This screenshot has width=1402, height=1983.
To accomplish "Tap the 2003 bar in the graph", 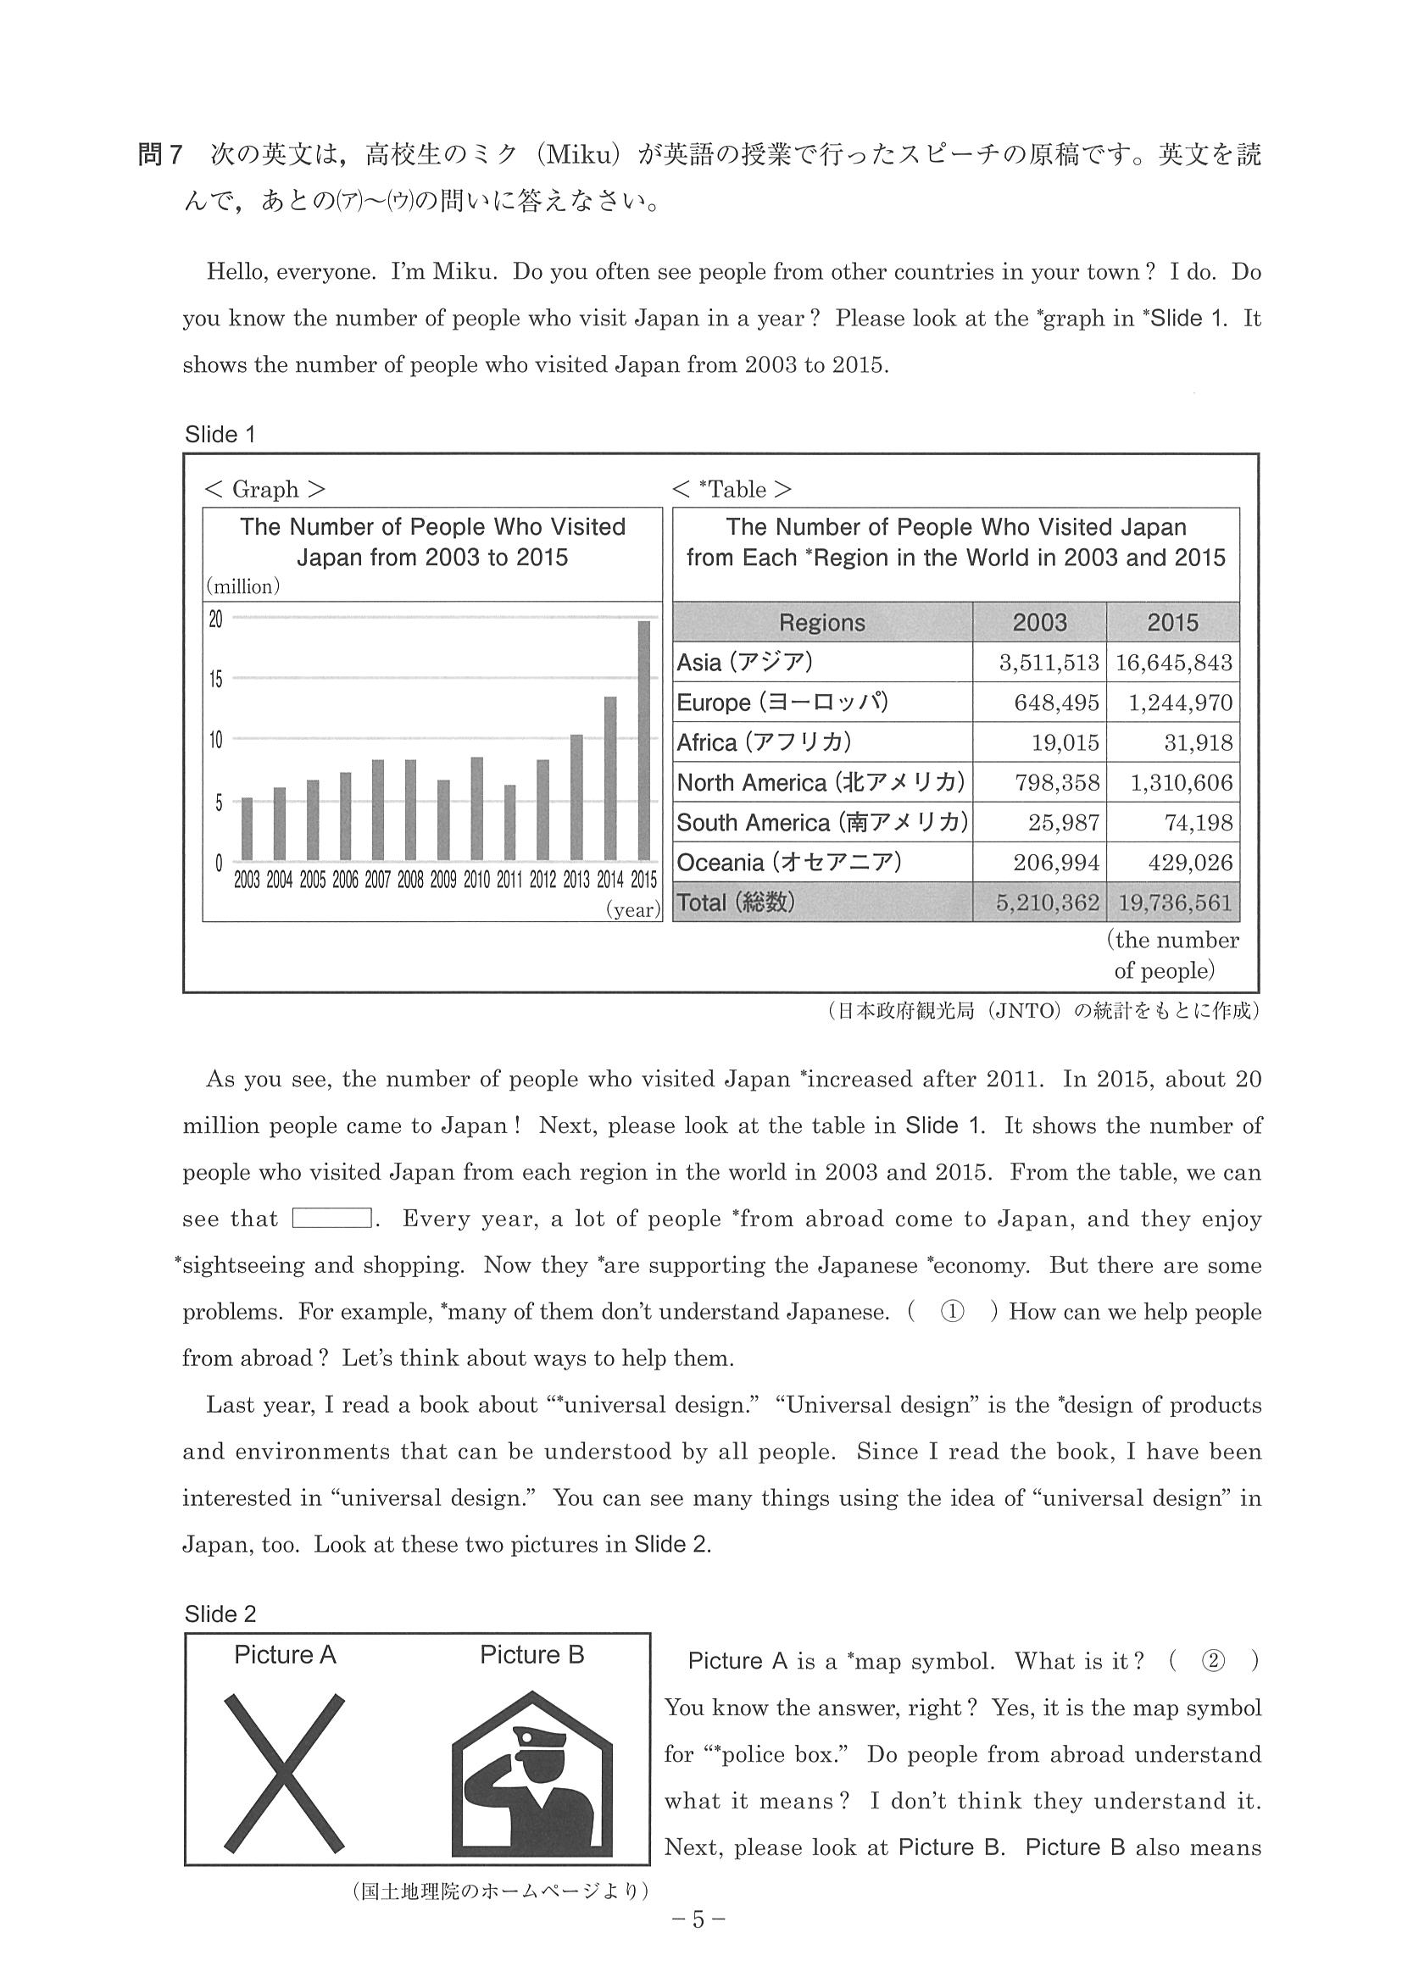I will tap(247, 828).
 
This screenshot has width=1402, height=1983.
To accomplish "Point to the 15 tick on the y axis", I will tap(215, 680).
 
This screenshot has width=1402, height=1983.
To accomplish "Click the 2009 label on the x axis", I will tap(443, 880).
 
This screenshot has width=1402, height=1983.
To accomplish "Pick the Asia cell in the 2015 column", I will tap(1172, 663).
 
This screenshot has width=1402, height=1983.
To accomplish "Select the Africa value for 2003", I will tap(1065, 742).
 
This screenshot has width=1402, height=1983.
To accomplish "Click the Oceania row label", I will tap(788, 862).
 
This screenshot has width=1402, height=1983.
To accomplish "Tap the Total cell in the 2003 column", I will tap(1047, 903).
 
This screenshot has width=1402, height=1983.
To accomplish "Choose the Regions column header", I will tap(821, 623).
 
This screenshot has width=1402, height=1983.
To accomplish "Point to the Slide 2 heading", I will tap(220, 1614).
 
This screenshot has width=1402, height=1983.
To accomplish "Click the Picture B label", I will tap(532, 1655).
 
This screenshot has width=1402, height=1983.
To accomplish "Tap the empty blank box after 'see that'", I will tap(331, 1219).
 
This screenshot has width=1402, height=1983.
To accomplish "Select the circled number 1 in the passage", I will tap(952, 1312).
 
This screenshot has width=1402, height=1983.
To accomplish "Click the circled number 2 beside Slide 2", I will tap(1213, 1661).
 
